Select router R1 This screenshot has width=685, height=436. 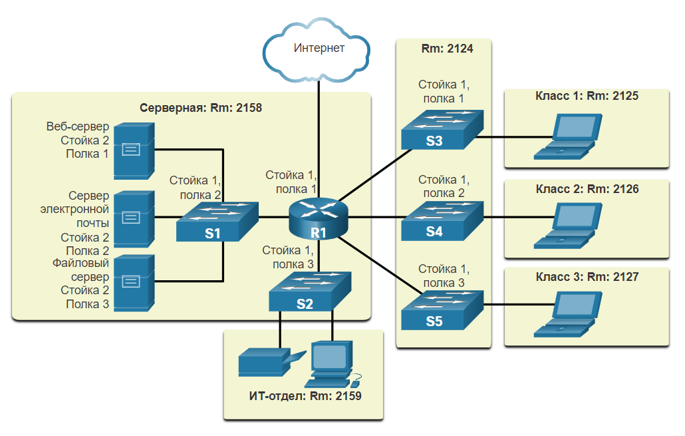coord(318,218)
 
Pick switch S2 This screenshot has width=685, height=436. coord(309,292)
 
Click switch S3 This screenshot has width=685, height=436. coord(441,130)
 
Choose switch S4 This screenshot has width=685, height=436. coord(441,222)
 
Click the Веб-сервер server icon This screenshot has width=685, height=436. coord(133,150)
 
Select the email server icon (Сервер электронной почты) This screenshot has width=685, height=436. coord(133,218)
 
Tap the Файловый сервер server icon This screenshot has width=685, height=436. coord(133,282)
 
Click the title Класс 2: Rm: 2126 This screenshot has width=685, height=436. coord(587,189)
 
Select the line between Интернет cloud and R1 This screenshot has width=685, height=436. coord(319,133)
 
